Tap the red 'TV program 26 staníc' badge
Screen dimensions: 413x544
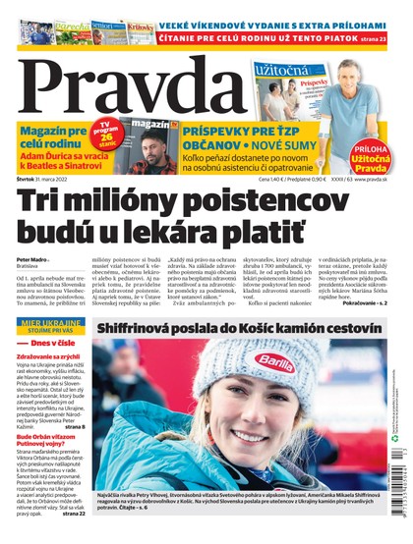click(111, 133)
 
